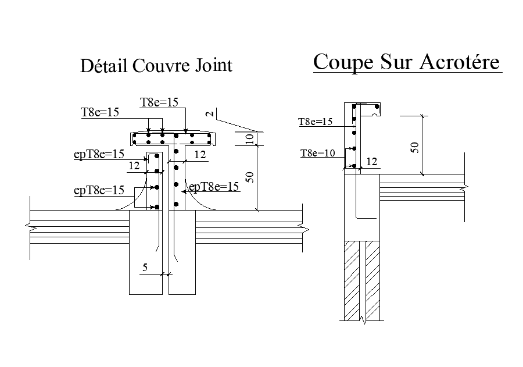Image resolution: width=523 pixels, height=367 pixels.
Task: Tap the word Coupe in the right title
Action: coord(340,62)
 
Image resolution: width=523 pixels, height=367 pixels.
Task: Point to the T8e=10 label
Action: coord(317,154)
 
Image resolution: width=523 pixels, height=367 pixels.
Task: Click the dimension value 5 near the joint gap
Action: coord(145,268)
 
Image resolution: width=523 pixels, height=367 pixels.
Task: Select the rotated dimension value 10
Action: coord(249,138)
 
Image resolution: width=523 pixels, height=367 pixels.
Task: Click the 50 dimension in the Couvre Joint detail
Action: coord(249,176)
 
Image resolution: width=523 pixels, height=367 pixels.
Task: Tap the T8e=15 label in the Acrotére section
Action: coord(315,122)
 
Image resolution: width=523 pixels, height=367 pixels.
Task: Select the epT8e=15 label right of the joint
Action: coord(215,187)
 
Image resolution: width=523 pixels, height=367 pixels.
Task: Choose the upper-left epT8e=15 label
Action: coord(99,154)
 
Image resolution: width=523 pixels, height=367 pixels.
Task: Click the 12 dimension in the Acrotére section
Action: coord(372,162)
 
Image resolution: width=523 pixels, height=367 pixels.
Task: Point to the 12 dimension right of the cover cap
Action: coord(200,155)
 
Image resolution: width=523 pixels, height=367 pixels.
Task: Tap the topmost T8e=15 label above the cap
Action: coord(159,102)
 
